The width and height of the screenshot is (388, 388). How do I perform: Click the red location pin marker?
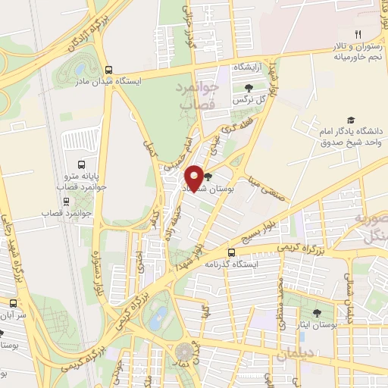[195, 177]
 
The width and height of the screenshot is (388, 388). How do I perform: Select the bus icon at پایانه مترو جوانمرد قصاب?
[82, 163]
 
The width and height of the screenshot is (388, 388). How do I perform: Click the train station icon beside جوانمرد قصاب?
[67, 202]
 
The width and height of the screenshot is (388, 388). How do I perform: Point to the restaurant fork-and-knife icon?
[358, 33]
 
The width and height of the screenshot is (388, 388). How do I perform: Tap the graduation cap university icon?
[350, 120]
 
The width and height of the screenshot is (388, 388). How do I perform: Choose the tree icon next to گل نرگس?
[249, 89]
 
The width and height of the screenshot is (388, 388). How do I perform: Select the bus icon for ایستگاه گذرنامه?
[232, 253]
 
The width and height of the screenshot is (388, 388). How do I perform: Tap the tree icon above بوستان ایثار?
[317, 312]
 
